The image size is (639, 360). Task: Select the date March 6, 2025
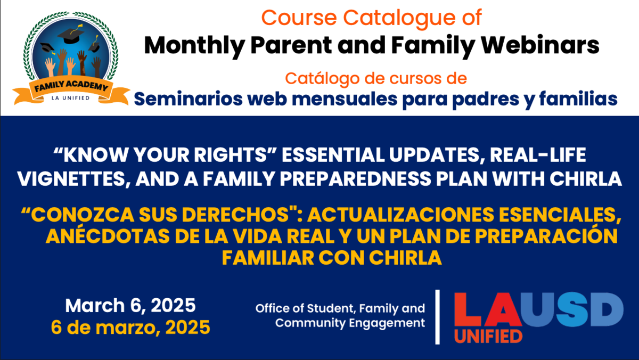point(130,306)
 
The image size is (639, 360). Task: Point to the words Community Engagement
point(350,323)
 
